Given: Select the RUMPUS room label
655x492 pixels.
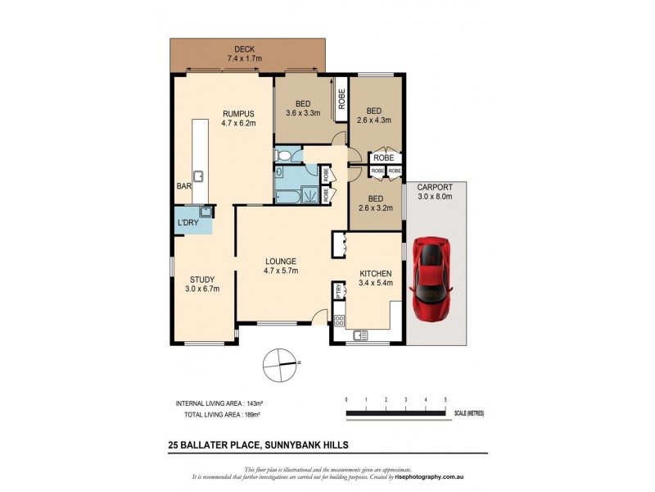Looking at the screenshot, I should click(240, 114).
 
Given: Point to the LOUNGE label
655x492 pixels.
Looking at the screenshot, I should click(280, 262).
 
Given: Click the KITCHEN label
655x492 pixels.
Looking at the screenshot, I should click(376, 273).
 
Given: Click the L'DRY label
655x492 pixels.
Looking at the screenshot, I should click(187, 223).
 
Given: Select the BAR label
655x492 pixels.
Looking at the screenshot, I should click(183, 187).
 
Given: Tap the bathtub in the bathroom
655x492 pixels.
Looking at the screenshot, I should click(288, 195).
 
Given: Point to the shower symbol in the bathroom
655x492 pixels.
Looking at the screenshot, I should click(311, 194).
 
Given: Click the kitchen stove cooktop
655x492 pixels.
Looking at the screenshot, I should click(338, 312).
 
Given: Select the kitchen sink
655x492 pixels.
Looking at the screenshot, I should click(359, 335).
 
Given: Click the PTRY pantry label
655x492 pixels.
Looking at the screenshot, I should click(337, 291).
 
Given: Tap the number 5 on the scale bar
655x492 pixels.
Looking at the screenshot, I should click(445, 399).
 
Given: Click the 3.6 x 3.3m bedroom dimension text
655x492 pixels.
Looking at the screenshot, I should click(303, 113).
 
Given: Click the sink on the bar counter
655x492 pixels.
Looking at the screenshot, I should click(197, 175).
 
